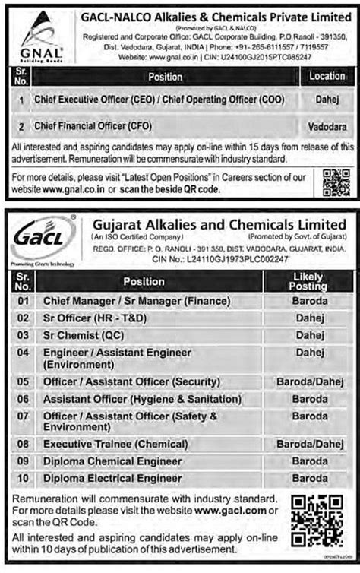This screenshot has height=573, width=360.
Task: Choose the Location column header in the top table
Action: coord(326,76)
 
